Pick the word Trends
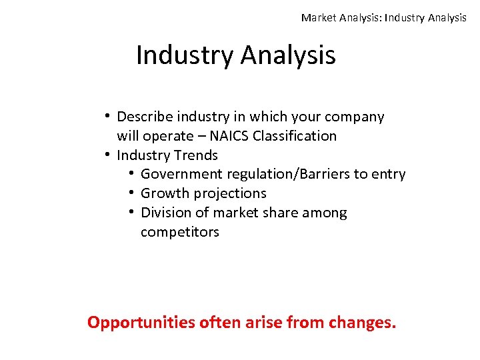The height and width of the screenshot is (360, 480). click(196, 155)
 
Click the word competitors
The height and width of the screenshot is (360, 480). click(180, 233)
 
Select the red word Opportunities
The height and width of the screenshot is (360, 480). click(141, 323)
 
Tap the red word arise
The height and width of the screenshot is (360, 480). click(262, 323)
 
